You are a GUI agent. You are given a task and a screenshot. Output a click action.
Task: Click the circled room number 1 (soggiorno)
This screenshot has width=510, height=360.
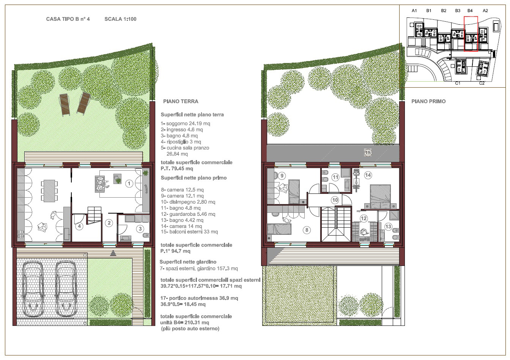pyautogui.click(x=129, y=183)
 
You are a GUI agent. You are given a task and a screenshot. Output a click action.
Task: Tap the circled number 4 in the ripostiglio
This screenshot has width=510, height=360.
pyautogui.click(x=79, y=226)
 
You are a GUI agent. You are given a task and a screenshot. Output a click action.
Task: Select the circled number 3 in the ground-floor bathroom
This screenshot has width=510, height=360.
pyautogui.click(x=140, y=229)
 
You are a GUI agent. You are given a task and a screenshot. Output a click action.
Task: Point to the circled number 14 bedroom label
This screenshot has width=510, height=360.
pyautogui.click(x=368, y=175)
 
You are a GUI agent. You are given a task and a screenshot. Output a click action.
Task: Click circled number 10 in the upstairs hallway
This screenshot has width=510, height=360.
pyautogui.click(x=335, y=200)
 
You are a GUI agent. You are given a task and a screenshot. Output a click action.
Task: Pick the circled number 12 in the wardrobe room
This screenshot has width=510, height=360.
pyautogui.click(x=364, y=219)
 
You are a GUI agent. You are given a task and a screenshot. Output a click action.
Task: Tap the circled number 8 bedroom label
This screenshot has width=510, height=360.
pyautogui.click(x=307, y=230)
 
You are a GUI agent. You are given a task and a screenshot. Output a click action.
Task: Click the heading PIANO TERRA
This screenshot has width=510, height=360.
pyautogui.click(x=181, y=101)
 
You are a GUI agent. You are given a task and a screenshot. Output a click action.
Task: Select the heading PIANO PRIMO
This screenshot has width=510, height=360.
pyautogui.click(x=428, y=101)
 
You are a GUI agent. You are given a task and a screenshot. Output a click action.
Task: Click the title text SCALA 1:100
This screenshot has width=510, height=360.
pyautogui.click(x=120, y=19)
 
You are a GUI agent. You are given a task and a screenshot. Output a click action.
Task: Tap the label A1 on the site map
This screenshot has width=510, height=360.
pyautogui.click(x=414, y=11)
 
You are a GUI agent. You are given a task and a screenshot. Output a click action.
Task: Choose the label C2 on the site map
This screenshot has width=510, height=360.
pyautogui.click(x=482, y=83)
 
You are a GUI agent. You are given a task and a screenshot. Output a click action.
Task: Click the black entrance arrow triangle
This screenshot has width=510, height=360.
pyautogui.click(x=113, y=253)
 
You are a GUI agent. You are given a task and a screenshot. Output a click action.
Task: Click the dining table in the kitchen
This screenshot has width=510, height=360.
pyautogui.click(x=49, y=191)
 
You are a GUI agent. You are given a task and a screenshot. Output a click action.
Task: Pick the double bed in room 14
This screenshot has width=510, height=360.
pyautogui.click(x=380, y=197)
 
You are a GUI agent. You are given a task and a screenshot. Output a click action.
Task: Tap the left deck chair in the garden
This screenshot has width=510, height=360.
pyautogui.click(x=65, y=105)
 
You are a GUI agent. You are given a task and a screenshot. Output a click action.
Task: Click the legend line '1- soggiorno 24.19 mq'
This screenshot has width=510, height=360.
pyautogui.click(x=185, y=124)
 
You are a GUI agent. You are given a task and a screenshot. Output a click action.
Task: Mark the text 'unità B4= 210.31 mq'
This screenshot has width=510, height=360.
pyautogui.click(x=185, y=322)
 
